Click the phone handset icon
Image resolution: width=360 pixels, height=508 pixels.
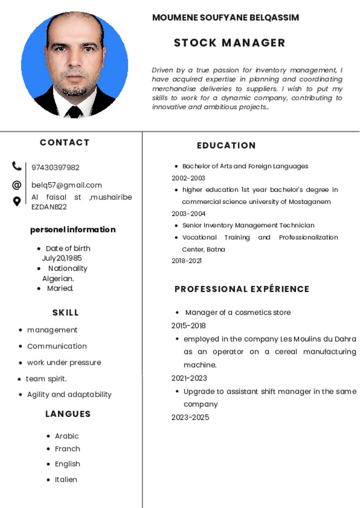pos(17,166)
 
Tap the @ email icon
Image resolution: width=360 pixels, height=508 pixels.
pos(17,185)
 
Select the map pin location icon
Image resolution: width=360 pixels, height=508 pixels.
pos(17,201)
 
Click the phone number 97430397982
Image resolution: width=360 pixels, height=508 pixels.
pos(55,168)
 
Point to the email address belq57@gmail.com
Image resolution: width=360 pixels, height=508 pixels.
pos(67,185)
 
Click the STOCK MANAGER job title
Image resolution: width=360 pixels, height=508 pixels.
pos(229,43)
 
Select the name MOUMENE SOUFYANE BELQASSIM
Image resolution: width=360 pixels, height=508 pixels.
pos(225,18)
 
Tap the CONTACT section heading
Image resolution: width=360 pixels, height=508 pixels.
pos(65,142)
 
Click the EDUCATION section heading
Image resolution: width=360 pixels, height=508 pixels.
pos(226,145)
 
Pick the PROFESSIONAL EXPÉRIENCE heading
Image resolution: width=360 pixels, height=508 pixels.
pos(242,289)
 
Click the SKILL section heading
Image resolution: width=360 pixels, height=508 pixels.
pos(66,313)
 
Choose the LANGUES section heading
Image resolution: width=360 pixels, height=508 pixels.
pos(68,414)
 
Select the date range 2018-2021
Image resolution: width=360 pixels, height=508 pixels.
pos(187,260)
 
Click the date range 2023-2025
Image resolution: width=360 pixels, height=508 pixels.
pos(190,417)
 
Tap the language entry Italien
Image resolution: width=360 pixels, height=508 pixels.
pos(66,479)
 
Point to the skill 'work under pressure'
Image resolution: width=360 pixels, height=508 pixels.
pos(64,362)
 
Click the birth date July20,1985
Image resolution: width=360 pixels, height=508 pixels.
pos(62,258)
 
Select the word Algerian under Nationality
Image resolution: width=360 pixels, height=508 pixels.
pos(58,278)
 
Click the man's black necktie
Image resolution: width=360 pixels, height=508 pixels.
pos(74,111)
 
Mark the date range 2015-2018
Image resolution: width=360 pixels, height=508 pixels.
pos(189,325)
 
